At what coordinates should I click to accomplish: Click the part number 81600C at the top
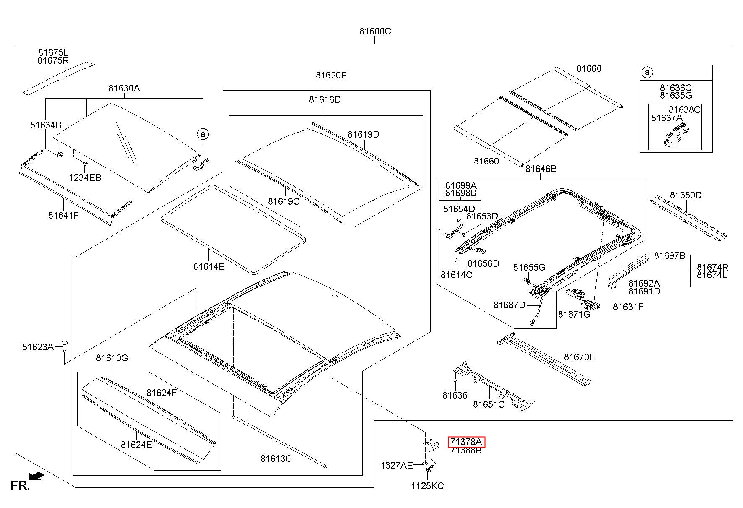(375, 31)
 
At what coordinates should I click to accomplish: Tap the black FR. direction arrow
(37, 476)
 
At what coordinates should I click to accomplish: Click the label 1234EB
(85, 177)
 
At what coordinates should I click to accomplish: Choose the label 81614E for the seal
(209, 266)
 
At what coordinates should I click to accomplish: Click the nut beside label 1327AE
(425, 464)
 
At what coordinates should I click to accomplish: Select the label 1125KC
(427, 486)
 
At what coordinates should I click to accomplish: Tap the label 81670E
(579, 357)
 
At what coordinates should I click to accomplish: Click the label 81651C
(489, 404)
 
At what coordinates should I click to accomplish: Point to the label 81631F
(628, 307)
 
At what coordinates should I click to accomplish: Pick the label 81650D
(686, 195)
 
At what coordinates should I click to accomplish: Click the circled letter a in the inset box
(647, 73)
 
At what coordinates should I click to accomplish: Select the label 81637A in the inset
(667, 118)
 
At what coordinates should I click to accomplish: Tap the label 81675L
(53, 53)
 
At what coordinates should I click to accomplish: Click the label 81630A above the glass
(124, 88)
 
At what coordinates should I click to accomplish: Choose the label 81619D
(363, 134)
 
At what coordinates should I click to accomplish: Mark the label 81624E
(136, 445)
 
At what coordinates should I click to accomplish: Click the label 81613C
(276, 459)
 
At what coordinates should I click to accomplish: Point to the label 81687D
(509, 305)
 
